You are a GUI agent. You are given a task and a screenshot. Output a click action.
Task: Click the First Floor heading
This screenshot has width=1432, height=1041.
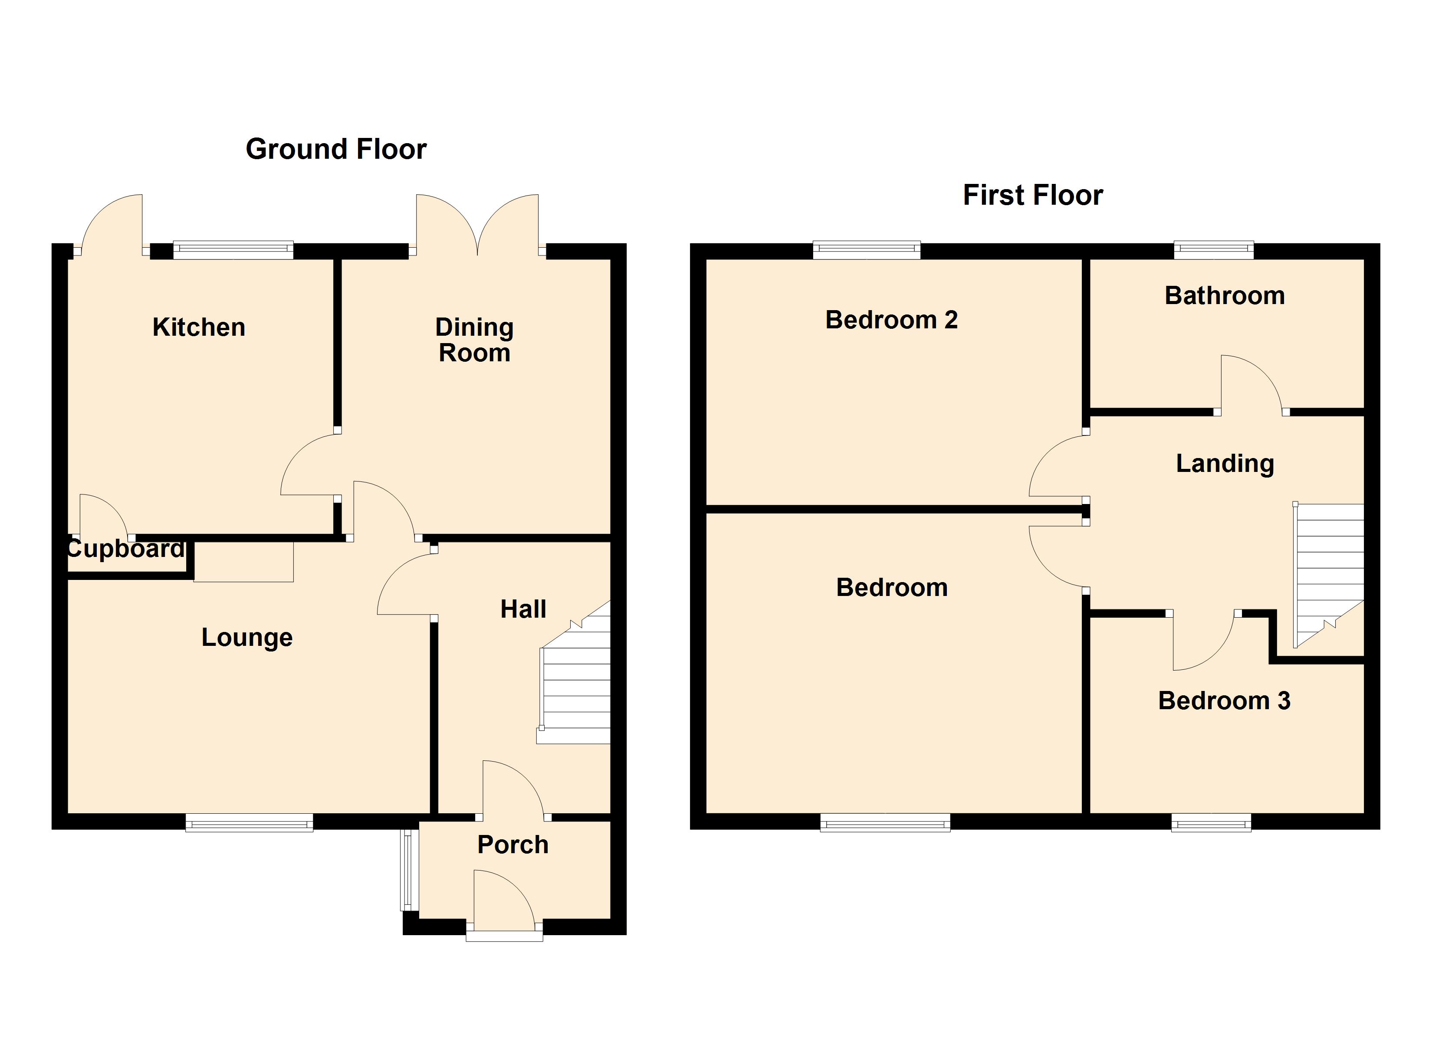1032,195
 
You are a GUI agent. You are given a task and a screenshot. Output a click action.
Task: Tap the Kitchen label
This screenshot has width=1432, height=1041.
199,327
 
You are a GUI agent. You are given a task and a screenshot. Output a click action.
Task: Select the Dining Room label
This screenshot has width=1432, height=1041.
474,340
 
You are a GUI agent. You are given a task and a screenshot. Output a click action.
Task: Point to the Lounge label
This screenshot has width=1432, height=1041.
247,638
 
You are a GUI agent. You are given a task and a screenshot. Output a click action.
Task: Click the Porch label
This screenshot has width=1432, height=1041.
512,845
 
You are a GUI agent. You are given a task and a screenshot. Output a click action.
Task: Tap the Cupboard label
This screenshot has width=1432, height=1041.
125,549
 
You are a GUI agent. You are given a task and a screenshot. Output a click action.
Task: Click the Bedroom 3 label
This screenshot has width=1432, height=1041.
1224,701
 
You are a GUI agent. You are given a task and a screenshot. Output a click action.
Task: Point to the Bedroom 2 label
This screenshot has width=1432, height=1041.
891,320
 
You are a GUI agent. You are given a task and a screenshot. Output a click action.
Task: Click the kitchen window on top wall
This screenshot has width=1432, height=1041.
233,251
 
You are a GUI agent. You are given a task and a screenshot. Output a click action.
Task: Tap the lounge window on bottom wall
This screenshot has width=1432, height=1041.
250,822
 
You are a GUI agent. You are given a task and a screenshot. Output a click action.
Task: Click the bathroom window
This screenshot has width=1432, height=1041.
1214,251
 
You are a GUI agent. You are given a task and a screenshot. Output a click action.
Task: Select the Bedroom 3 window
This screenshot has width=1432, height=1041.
1211,822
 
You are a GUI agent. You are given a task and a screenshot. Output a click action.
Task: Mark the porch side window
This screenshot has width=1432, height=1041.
409,871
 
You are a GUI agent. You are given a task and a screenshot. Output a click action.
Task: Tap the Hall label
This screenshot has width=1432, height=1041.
523,609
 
